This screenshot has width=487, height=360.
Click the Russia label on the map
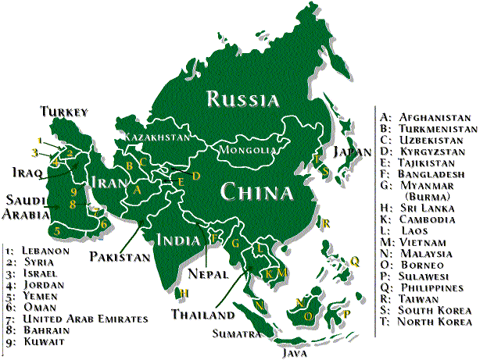tap(242, 99)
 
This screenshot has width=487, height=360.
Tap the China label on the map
tap(256, 191)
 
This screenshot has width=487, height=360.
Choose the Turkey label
tap(65, 111)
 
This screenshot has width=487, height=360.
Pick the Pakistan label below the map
tap(119, 256)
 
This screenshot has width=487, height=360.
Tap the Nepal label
tap(207, 275)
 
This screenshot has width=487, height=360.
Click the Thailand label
tap(203, 315)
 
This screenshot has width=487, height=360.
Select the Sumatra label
tap(235, 333)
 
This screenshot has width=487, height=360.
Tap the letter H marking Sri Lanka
tap(184, 294)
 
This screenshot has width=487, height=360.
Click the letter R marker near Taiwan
tap(326, 223)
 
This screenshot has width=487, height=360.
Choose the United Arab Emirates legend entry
tap(87, 319)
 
